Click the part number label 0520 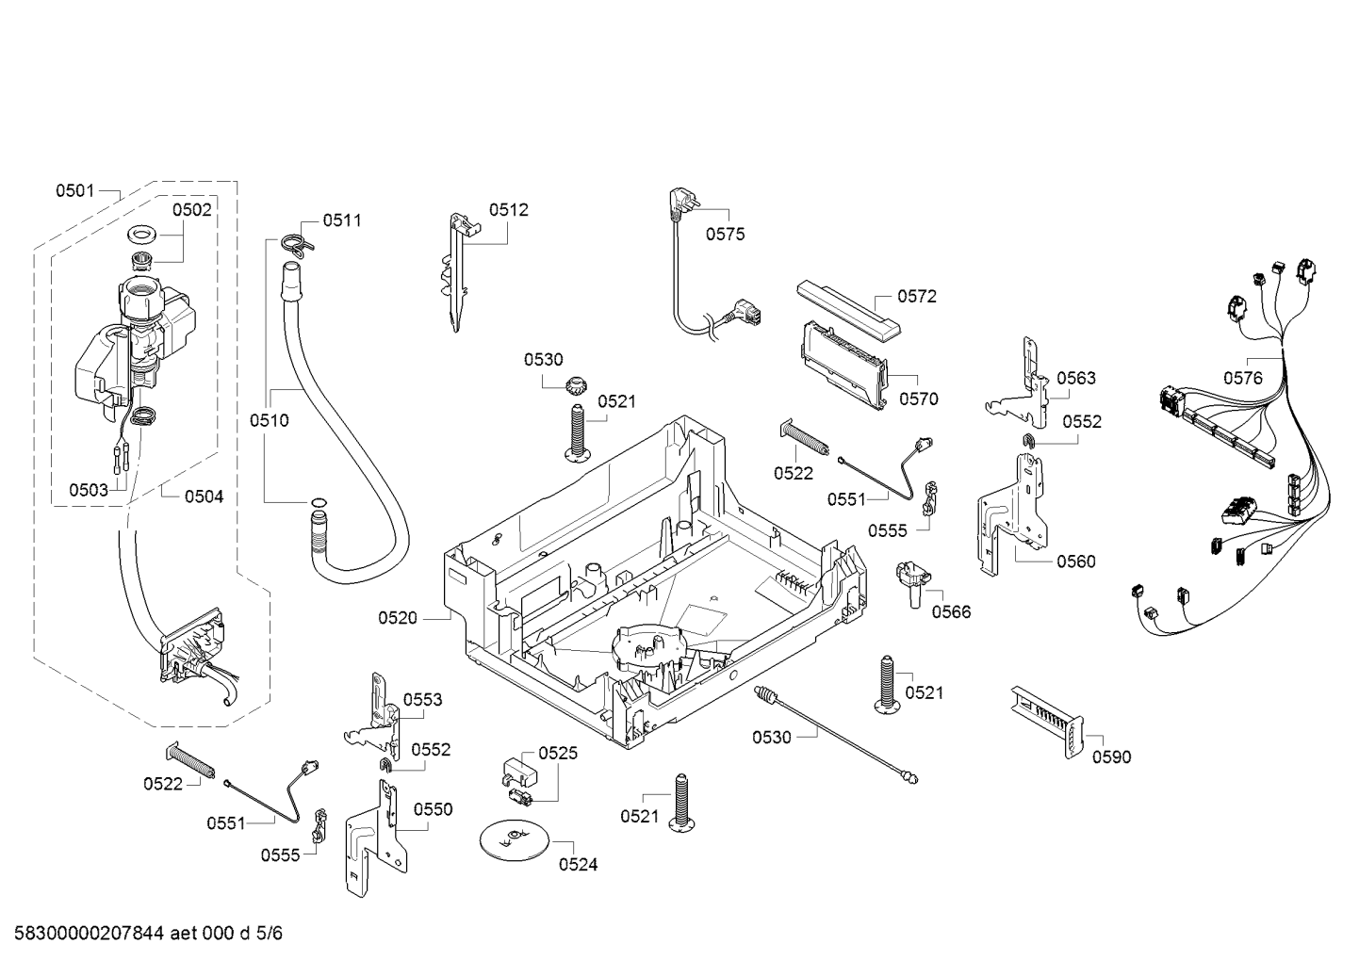[x=398, y=618]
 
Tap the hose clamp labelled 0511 [x=297, y=242]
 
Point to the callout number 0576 [x=1242, y=378]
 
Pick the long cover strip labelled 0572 [x=849, y=308]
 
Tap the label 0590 [x=1111, y=757]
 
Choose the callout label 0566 [x=951, y=612]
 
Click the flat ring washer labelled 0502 [x=142, y=233]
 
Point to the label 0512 [x=508, y=210]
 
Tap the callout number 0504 [x=204, y=496]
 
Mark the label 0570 [x=919, y=399]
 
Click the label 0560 [x=1076, y=561]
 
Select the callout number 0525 [x=558, y=753]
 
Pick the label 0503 [x=89, y=490]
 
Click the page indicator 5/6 [x=270, y=933]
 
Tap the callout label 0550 [x=434, y=809]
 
